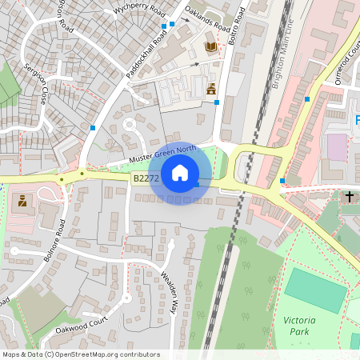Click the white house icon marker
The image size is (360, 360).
180,173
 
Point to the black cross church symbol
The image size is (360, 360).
350,196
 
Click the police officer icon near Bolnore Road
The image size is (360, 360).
21,200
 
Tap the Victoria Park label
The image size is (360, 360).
299,326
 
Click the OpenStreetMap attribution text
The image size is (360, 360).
80,354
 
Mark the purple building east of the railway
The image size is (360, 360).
338,147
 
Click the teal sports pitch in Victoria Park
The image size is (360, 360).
315,290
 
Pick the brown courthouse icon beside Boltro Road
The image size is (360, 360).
211,89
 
